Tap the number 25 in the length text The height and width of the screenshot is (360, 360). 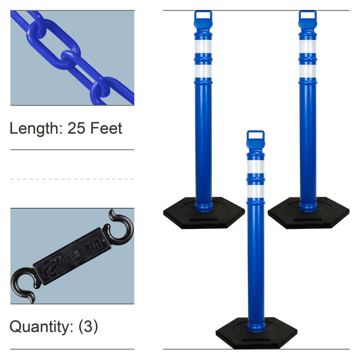(76, 128)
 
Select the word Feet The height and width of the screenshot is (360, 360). (106, 128)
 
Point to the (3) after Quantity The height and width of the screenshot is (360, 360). (88, 327)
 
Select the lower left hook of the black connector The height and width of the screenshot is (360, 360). (23, 284)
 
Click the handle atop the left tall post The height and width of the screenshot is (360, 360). (203, 16)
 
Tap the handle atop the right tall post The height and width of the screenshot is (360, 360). (308, 16)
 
